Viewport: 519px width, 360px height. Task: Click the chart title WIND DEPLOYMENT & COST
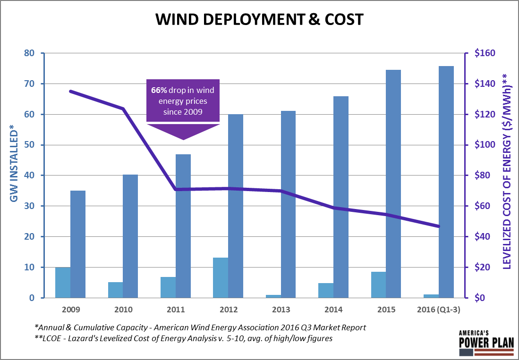(259, 19)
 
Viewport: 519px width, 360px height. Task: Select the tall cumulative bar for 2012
(235, 206)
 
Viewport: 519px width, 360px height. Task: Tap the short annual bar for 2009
(63, 283)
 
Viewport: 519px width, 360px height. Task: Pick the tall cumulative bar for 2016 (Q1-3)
(446, 182)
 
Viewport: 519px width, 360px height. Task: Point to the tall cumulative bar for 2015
(393, 184)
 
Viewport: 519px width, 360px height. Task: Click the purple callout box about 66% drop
(183, 101)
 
